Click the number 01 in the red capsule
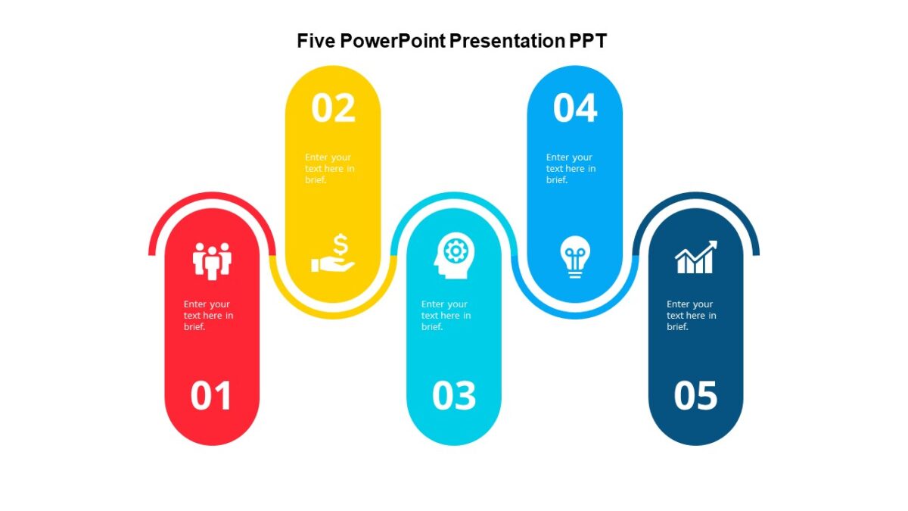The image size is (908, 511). pos(211,396)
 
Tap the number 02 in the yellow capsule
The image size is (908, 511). pos(333,108)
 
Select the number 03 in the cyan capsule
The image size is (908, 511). pos(454,396)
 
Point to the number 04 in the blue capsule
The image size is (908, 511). pos(575,108)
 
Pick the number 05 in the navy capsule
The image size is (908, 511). pos(695,396)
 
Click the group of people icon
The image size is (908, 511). pos(212,260)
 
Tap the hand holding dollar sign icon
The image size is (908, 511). pos(333,254)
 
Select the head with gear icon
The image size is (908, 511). pos(453,258)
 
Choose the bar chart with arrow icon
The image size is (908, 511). pos(695,258)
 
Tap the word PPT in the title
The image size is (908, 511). pos(588,41)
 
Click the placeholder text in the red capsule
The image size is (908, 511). pos(208,315)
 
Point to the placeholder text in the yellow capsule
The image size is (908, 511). pos(329,169)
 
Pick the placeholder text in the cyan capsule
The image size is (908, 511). pos(446,315)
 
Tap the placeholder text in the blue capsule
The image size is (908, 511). pos(571,169)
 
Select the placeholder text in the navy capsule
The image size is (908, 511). pos(691,315)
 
